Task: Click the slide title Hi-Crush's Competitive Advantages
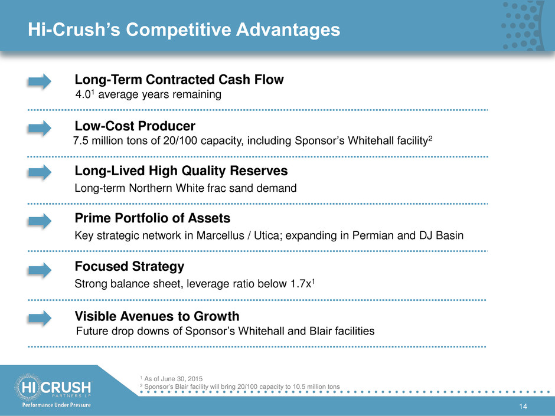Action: [x=184, y=30]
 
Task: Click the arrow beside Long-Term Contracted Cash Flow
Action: [x=40, y=81]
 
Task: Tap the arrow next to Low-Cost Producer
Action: [x=40, y=128]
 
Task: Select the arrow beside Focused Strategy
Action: [x=40, y=270]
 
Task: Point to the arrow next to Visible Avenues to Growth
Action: [x=40, y=317]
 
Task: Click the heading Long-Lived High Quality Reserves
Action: [x=181, y=171]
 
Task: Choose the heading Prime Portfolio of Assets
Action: [x=152, y=218]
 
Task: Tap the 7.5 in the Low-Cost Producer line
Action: [x=81, y=141]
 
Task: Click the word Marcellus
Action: [x=220, y=235]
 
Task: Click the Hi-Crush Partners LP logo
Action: [x=53, y=387]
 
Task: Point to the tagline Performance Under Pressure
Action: [x=57, y=405]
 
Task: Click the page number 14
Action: [x=523, y=407]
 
